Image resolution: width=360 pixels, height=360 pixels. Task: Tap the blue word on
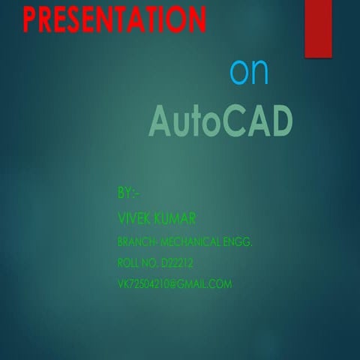[249, 71]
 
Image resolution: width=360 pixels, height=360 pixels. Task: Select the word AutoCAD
[219, 121]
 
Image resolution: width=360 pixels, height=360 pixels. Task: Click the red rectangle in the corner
[318, 28]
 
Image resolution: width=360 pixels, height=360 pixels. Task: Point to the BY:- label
[128, 193]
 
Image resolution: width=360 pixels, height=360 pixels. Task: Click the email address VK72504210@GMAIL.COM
[175, 284]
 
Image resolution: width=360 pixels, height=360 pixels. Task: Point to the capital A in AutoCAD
[162, 121]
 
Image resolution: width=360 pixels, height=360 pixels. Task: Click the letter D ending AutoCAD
[277, 121]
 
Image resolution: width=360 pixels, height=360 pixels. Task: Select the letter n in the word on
[259, 73]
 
